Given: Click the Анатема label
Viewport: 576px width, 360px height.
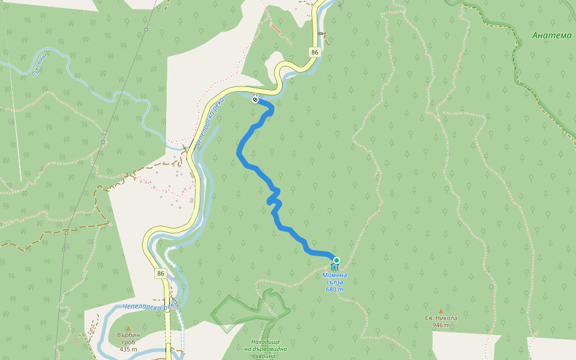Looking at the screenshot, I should click(552, 35).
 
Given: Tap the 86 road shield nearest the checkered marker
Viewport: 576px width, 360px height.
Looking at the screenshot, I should click(315, 52).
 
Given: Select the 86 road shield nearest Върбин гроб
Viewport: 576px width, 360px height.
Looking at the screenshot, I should click(160, 274).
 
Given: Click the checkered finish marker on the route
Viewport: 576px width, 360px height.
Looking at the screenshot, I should click(256, 100).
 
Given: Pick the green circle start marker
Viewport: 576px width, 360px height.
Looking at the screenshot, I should click(336, 260).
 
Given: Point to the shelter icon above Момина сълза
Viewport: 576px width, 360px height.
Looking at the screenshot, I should click(334, 267).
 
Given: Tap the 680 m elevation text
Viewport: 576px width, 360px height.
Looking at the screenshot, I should click(335, 289).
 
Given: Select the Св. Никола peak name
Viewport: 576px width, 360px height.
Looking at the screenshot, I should click(441, 318).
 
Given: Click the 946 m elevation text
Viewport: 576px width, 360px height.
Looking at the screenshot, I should click(441, 325).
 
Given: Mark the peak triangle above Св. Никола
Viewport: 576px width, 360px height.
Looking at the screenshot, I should click(441, 311).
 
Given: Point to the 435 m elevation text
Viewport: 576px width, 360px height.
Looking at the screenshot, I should click(128, 349).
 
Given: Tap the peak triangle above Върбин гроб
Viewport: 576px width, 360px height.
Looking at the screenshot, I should click(128, 328).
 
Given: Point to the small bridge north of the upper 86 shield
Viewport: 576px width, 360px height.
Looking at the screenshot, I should click(322, 33).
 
